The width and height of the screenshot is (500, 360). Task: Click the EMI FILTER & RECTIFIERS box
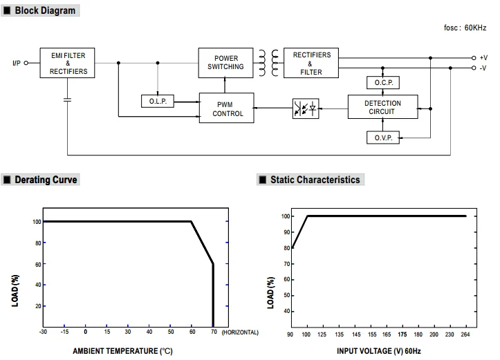click(x=68, y=62)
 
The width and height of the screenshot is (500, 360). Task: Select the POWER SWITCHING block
click(x=225, y=62)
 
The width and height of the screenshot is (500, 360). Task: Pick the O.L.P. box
click(x=158, y=102)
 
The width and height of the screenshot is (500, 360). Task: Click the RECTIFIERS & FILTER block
click(x=311, y=63)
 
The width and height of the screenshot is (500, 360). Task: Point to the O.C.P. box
click(x=383, y=83)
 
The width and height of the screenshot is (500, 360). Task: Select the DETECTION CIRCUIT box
click(x=383, y=108)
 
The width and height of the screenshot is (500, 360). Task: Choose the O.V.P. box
click(x=383, y=138)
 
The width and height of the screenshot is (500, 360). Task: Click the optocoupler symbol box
click(x=305, y=108)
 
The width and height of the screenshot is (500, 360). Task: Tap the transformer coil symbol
click(x=270, y=62)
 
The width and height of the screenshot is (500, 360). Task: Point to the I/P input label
click(x=17, y=63)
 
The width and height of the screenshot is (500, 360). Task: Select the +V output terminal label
click(x=483, y=58)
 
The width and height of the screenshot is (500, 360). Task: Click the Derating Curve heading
click(x=46, y=180)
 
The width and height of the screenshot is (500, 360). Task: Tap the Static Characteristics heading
click(x=315, y=180)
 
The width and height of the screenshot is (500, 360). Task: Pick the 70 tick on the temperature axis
click(x=214, y=332)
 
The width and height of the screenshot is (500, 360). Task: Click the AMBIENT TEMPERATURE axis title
click(x=122, y=351)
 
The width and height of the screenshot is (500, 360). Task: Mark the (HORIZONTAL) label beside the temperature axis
click(x=240, y=332)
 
